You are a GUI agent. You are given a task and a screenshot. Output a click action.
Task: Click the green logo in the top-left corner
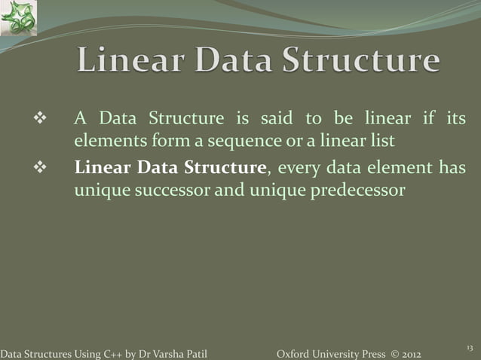[18, 18]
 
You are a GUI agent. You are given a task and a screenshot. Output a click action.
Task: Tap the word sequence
[240, 142]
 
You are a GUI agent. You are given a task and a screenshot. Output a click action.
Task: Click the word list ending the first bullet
[382, 141]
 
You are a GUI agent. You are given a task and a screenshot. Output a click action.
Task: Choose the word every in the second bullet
[302, 167]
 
